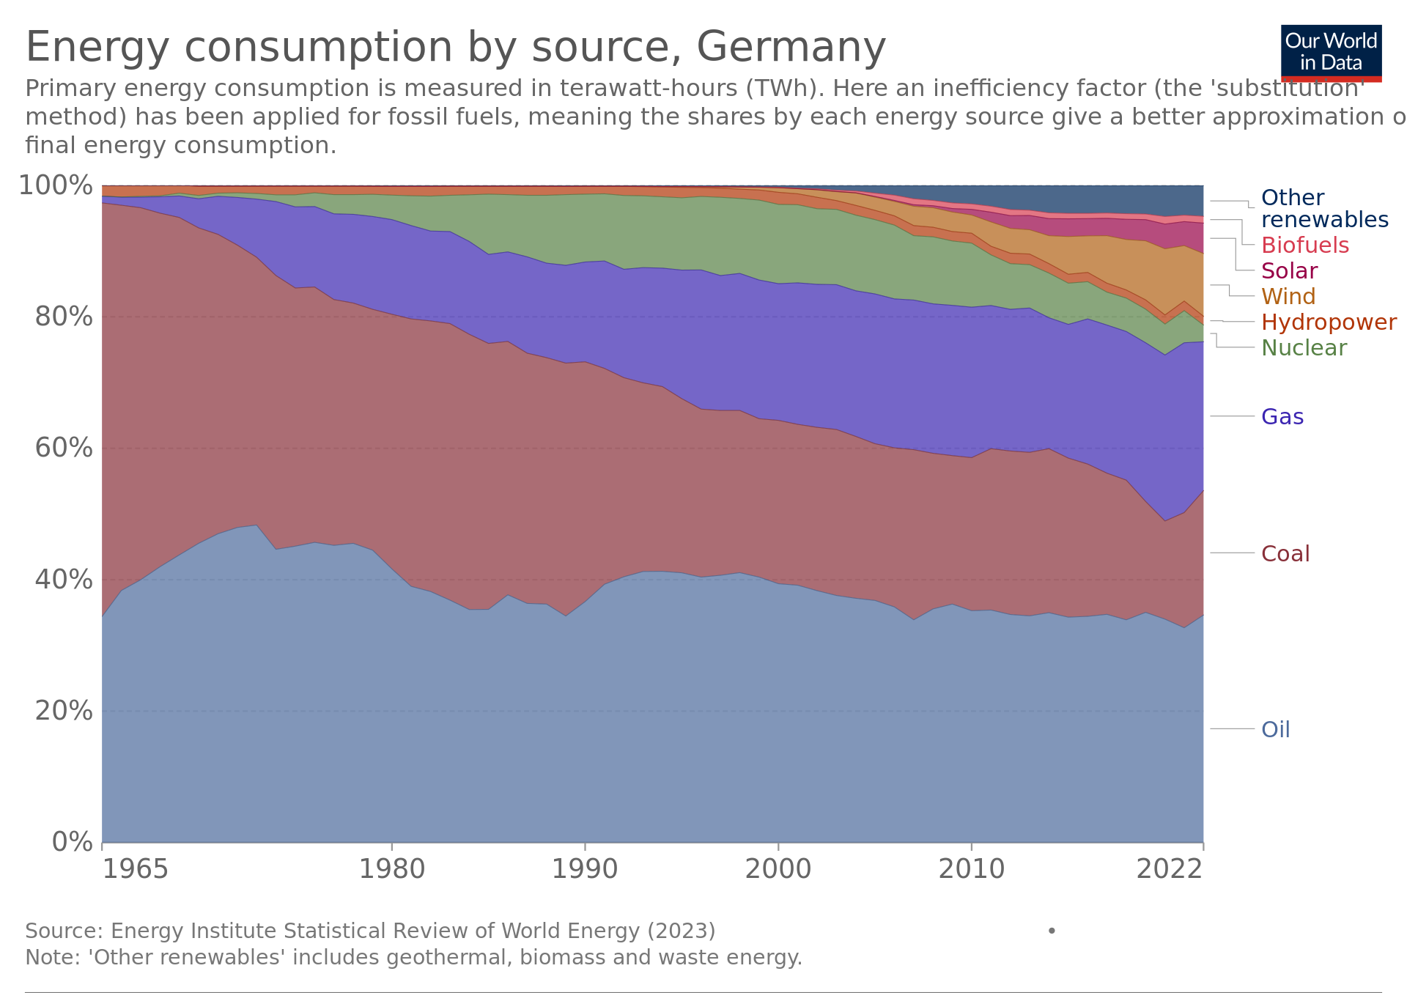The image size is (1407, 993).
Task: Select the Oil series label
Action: [x=1275, y=729]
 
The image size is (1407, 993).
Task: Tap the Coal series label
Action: [x=1285, y=553]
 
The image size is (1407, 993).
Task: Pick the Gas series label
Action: [x=1282, y=416]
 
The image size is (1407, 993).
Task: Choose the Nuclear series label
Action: [x=1304, y=347]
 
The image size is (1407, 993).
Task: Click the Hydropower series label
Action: [x=1329, y=322]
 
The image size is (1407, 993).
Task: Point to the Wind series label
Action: [x=1288, y=296]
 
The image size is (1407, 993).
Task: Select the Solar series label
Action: [x=1289, y=270]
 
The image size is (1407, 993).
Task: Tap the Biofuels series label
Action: [x=1304, y=245]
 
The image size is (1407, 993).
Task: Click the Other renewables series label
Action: [x=1323, y=208]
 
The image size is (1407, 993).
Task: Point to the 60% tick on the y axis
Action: [x=64, y=448]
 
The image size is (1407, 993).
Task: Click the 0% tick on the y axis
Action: [x=72, y=842]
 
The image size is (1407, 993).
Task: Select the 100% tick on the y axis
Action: [x=56, y=185]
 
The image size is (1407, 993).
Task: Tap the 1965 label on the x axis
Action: [x=135, y=869]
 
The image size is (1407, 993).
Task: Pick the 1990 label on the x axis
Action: [x=585, y=869]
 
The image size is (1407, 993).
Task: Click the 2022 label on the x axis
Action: [x=1169, y=869]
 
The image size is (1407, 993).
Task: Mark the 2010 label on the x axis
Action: [x=971, y=869]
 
